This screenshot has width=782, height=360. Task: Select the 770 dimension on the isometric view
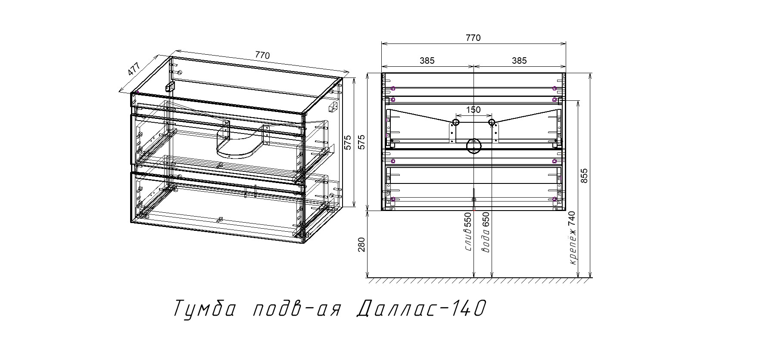[x=262, y=55]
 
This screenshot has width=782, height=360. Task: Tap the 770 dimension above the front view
[x=473, y=38]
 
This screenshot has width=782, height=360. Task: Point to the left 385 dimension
[x=427, y=61]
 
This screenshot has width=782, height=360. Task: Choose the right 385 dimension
[x=519, y=61]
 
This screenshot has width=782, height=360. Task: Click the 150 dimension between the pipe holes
[x=474, y=110]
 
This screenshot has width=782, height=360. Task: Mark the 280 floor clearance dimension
[x=361, y=244]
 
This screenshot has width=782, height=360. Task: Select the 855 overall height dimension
[x=584, y=176]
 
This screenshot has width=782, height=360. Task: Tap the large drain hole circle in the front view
[x=474, y=146]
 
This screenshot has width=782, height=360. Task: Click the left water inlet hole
[x=455, y=123]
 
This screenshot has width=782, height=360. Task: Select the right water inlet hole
[x=492, y=123]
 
